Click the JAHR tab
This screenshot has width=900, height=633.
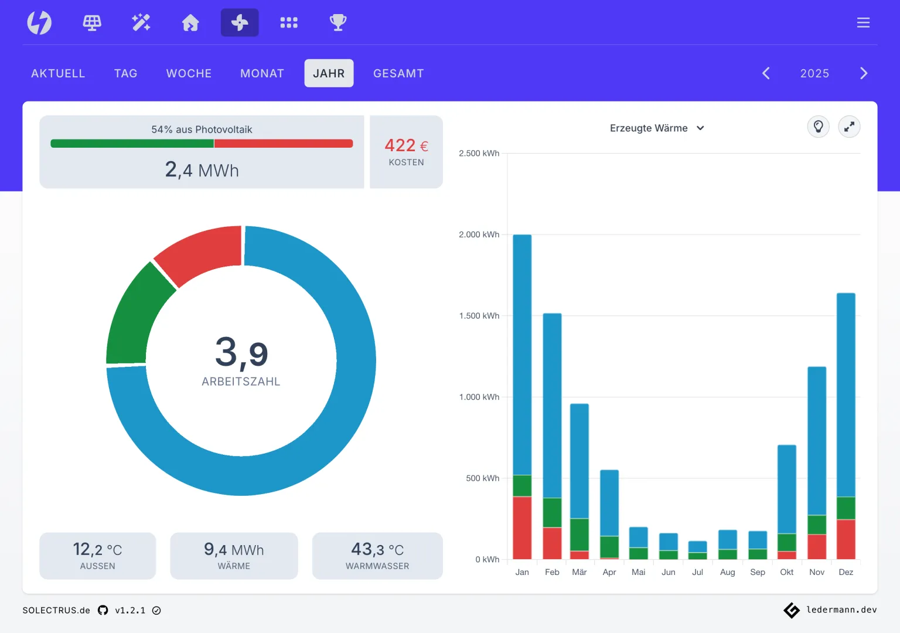point(329,73)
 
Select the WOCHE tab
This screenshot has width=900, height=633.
point(189,73)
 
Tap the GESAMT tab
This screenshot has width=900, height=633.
point(398,73)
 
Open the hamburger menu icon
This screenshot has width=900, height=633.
point(863,22)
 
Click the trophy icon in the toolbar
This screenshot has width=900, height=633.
point(338,22)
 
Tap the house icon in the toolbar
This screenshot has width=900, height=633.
point(190,22)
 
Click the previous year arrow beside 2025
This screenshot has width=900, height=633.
point(766,73)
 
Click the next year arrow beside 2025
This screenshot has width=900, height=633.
point(864,73)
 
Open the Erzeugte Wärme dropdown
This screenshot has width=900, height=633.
point(657,128)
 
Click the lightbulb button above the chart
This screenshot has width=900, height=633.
point(818,127)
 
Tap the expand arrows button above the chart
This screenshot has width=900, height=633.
point(849,127)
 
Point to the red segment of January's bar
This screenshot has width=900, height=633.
point(522,527)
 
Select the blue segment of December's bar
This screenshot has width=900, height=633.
point(846,395)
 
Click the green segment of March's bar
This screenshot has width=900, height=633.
point(579,535)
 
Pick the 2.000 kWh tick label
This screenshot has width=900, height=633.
point(479,234)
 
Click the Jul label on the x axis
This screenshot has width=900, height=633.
point(697,572)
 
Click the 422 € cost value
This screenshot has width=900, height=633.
point(406,145)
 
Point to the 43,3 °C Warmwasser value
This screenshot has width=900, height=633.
point(377,549)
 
